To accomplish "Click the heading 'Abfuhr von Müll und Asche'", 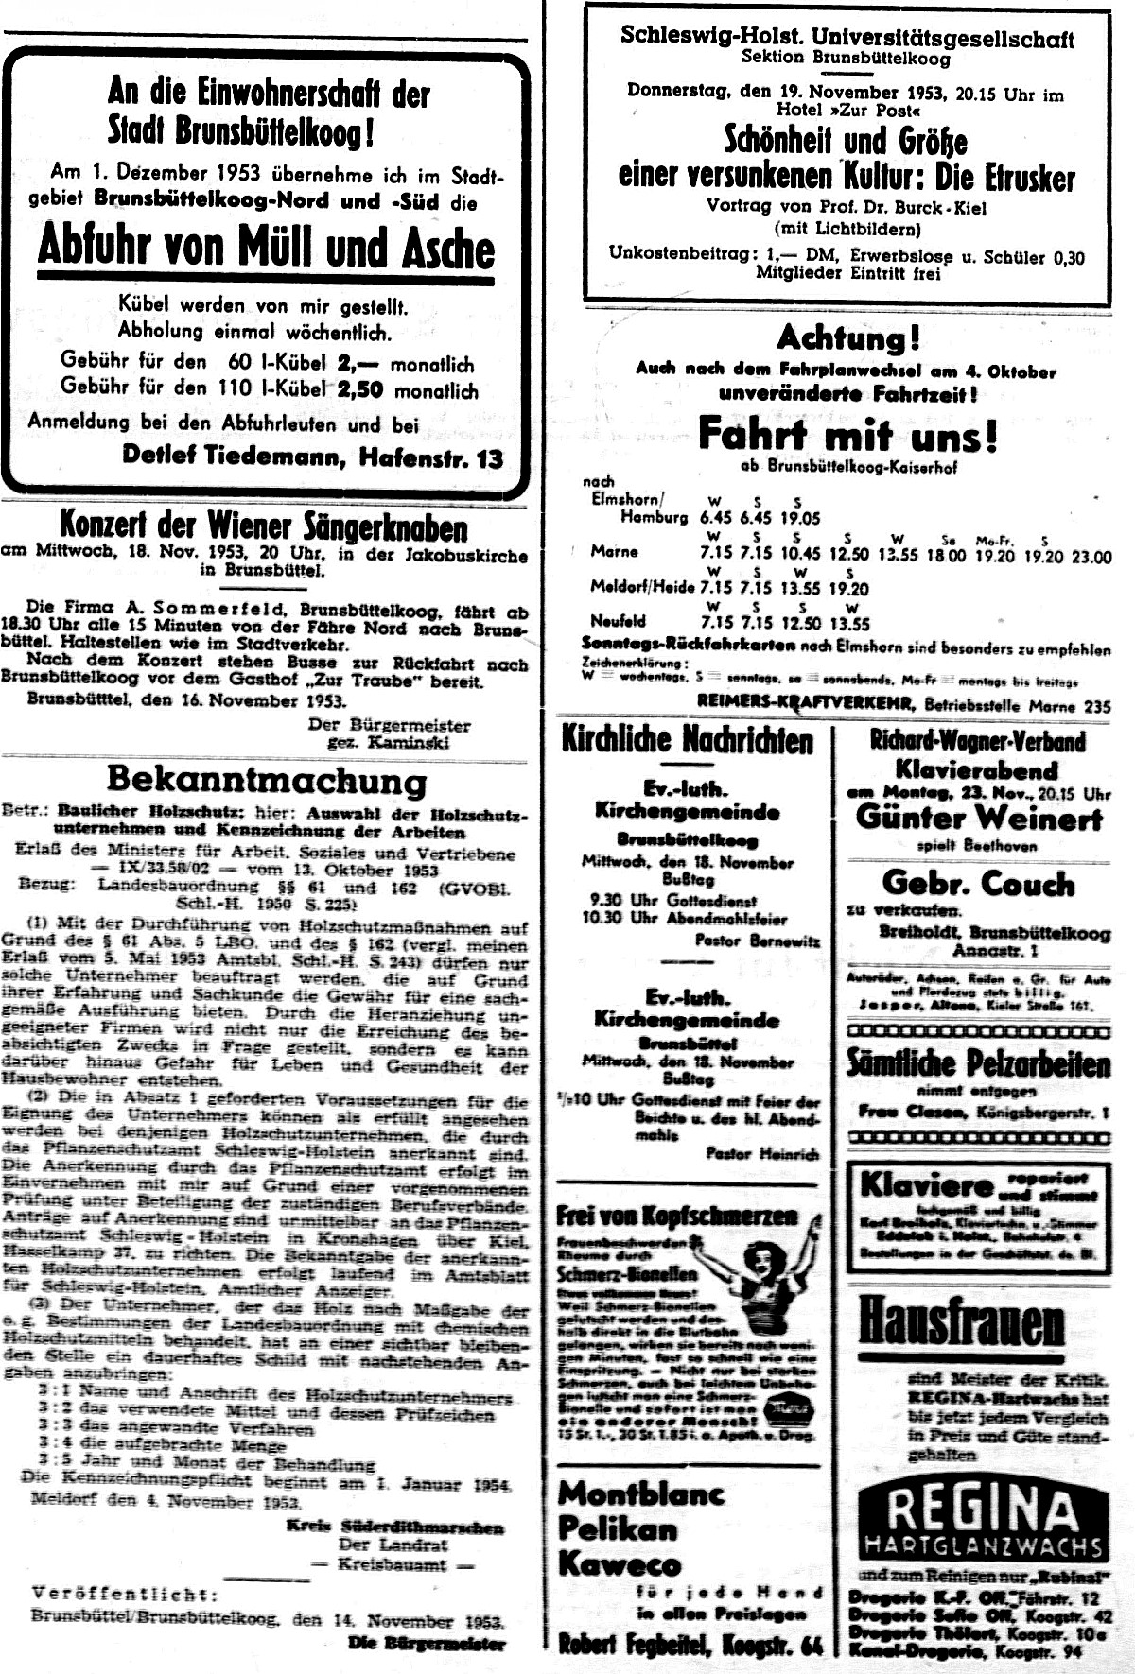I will click(266, 248).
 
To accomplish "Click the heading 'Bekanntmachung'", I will click(266, 781).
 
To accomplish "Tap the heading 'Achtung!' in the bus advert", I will click(847, 337).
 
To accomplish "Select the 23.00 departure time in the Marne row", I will click(1091, 557).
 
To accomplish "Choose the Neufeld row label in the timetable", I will click(618, 621).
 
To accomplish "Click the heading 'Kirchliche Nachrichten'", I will click(687, 741).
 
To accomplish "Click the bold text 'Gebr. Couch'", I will click(978, 884).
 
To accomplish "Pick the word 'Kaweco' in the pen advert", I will click(620, 1562).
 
